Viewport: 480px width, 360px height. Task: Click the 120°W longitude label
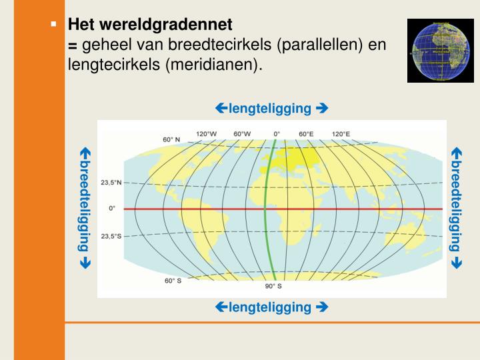206,133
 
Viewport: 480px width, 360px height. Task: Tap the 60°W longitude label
242,133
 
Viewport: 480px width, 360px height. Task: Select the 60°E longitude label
306,133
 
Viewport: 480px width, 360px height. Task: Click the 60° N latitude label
172,140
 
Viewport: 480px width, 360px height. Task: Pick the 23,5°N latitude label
111,182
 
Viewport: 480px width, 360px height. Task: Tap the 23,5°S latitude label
111,236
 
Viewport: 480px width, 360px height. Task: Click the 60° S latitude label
173,281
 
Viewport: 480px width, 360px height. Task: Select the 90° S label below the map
273,286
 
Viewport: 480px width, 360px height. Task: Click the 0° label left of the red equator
112,208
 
